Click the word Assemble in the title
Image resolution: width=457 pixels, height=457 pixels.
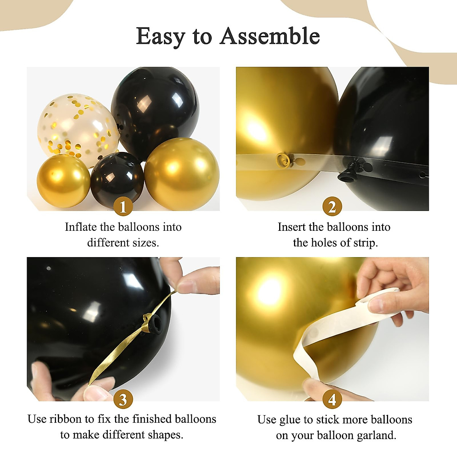coord(270,37)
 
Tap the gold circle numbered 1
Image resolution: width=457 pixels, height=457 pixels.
coord(123,207)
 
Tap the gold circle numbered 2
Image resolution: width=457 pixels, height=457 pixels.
coord(332,207)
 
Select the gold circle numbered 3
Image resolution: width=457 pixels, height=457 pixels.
coord(123,399)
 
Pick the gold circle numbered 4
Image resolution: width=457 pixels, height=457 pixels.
coord(332,399)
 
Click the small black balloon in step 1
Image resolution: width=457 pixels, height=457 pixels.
coord(117,177)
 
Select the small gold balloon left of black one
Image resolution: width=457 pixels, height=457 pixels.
coord(63,181)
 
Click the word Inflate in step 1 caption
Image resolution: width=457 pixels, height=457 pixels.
coord(81,227)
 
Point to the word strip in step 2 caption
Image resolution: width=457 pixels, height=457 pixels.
coord(365,243)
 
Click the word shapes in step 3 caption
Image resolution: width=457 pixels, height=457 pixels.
coord(165,435)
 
